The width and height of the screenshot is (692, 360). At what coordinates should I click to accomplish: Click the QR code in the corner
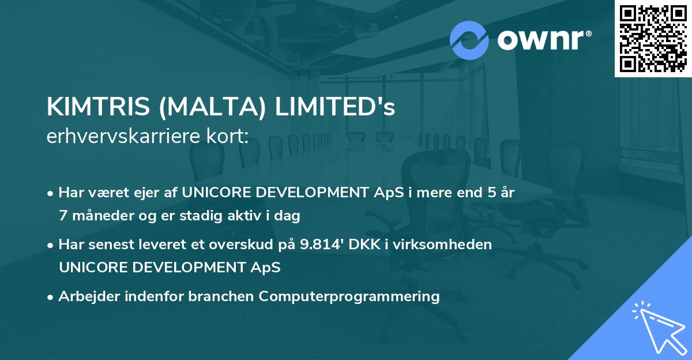(x=653, y=39)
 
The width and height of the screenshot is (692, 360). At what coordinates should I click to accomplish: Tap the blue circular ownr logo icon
(x=469, y=39)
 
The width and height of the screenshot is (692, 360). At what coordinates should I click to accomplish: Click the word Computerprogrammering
(x=349, y=297)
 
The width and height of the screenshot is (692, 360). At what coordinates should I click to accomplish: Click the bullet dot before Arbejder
(x=51, y=297)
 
